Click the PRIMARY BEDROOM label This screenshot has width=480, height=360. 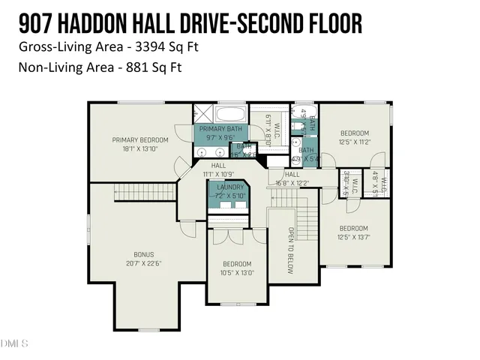140,139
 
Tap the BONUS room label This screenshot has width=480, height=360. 133,253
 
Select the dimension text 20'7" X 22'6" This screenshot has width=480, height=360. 133,262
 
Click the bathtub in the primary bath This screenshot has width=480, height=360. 229,115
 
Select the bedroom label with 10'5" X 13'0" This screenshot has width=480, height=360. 236,263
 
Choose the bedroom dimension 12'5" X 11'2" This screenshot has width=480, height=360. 355,141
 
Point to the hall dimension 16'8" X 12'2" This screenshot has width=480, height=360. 292,182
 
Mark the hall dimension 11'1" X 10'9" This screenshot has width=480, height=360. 218,173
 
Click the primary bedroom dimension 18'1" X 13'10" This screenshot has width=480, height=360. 140,148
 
